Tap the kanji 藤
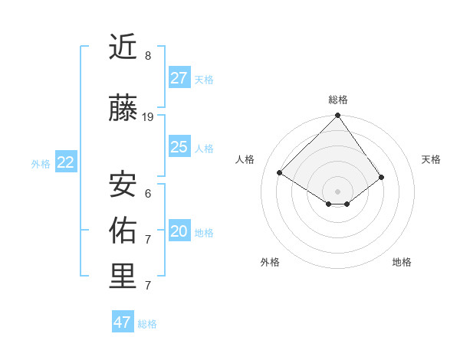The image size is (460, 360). (x=123, y=110)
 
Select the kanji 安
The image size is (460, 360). (x=123, y=185)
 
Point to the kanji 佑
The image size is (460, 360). (x=123, y=231)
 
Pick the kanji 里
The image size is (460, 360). (x=123, y=277)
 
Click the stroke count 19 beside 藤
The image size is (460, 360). (x=149, y=117)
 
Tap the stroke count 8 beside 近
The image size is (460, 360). (x=148, y=56)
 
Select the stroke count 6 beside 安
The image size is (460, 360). (x=148, y=193)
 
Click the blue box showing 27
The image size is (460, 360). (x=179, y=78)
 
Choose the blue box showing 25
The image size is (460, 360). (x=179, y=147)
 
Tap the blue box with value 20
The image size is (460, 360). (x=179, y=231)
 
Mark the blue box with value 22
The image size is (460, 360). (x=66, y=162)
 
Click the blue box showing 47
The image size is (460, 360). (x=123, y=322)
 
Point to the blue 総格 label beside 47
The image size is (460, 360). (x=147, y=324)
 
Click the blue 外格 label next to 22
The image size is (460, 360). (x=41, y=163)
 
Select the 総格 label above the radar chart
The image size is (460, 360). (x=338, y=100)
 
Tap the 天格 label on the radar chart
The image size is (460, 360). (x=431, y=159)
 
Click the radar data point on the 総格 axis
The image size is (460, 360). (x=337, y=116)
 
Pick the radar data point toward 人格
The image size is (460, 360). (x=280, y=172)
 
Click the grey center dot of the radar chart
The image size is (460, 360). (x=337, y=190)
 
